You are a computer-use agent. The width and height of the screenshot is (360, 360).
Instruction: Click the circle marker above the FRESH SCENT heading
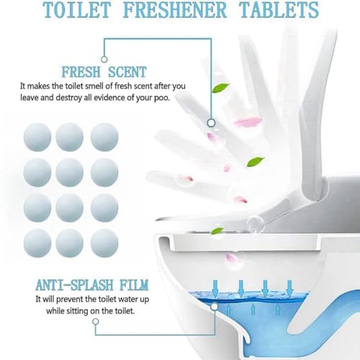[104, 58]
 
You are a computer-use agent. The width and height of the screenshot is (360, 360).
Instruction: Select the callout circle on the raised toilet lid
[211, 123]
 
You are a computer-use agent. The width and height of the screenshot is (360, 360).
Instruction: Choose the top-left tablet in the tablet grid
[37, 137]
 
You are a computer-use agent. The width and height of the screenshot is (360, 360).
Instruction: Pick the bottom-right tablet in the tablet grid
[104, 243]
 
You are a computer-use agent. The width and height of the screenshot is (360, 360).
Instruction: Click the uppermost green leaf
[222, 88]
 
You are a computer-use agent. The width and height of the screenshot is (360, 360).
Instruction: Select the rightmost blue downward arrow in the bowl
[289, 286]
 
